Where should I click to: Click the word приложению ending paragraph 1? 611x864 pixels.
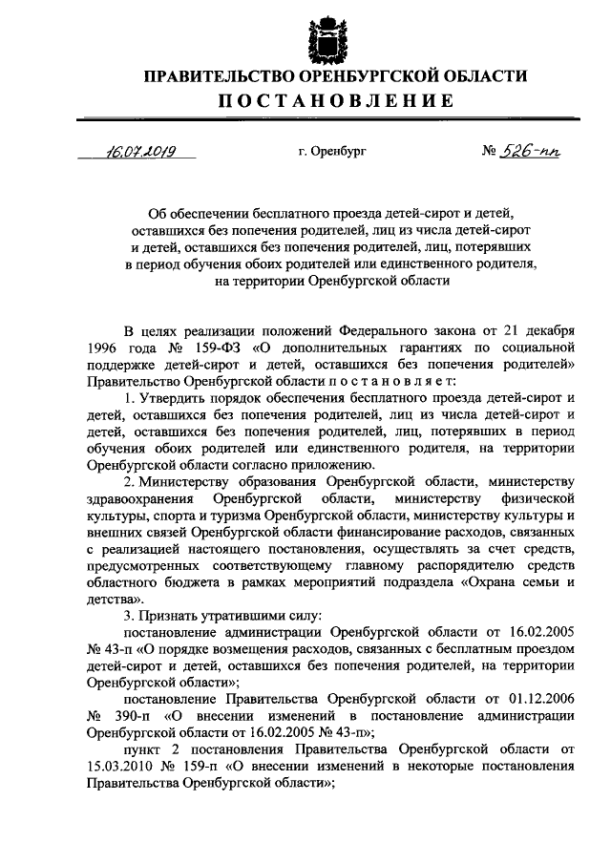(x=308, y=467)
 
